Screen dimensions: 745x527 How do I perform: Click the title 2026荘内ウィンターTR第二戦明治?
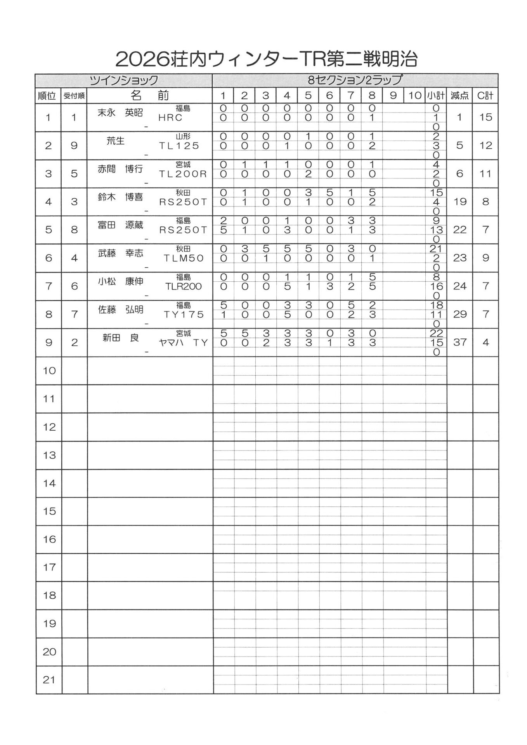[266, 60]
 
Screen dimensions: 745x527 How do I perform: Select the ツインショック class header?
[123, 80]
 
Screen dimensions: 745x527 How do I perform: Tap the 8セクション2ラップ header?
[355, 80]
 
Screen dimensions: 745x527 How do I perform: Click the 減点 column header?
[459, 95]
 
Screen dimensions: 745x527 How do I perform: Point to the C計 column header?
[485, 95]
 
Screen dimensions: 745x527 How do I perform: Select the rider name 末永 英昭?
[120, 113]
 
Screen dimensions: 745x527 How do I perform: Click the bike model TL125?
[179, 146]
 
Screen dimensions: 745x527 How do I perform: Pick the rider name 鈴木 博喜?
[120, 197]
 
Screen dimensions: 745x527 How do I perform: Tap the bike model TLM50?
[183, 258]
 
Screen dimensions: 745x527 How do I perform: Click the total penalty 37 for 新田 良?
[459, 342]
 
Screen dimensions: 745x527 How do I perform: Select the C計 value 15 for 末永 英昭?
[485, 117]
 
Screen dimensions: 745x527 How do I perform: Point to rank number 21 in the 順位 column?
[49, 680]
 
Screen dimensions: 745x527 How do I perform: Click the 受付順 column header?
[74, 96]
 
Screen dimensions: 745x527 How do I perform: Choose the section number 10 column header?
[414, 95]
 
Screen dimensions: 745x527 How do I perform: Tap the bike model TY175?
[183, 314]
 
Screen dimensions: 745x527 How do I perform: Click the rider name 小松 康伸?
[120, 281]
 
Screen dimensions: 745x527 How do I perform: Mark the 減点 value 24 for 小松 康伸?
[459, 286]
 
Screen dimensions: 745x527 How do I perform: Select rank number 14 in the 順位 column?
[49, 483]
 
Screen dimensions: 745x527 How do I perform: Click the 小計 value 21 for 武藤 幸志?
[436, 249]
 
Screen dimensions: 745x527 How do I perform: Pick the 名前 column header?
[150, 95]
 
